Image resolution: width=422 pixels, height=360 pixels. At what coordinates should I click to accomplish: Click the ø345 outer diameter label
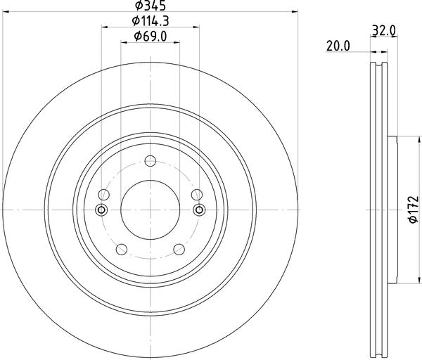pyautogui.click(x=150, y=6)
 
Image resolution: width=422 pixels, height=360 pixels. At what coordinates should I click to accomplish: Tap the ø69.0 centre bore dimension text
pyautogui.click(x=150, y=38)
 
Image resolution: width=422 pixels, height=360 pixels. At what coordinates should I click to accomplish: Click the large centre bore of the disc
pyautogui.click(x=150, y=210)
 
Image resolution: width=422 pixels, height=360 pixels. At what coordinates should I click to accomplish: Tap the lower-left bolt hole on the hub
pyautogui.click(x=121, y=248)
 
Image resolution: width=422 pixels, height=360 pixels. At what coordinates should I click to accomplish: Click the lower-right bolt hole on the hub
pyautogui.click(x=179, y=248)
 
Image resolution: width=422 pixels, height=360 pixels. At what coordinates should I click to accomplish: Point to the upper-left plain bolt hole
pyautogui.click(x=105, y=195)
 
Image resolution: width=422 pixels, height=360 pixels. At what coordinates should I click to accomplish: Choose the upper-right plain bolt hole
pyautogui.click(x=195, y=195)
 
